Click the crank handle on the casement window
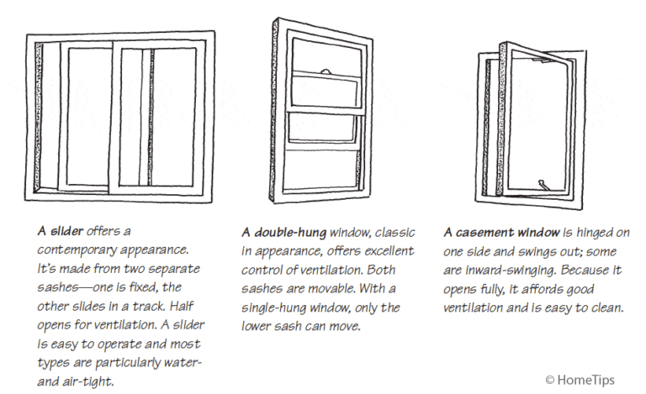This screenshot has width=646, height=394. tap(543, 182)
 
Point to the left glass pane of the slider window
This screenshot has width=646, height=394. tap(84, 118)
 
